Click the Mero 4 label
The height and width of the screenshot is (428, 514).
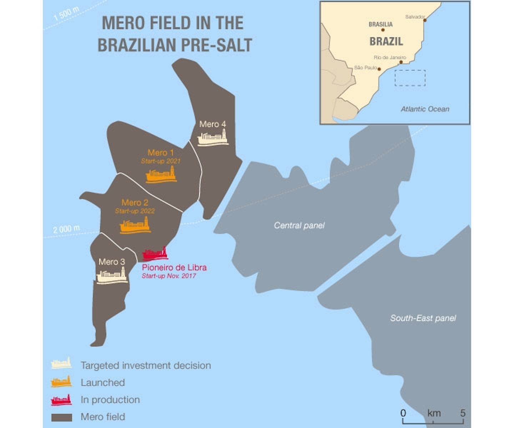212,124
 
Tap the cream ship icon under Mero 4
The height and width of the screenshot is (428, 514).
213,138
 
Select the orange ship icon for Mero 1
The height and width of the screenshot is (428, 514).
161,175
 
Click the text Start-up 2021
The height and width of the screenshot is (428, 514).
161,161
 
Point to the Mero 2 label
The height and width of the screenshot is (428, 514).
135,203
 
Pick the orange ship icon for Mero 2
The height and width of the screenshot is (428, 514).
135,226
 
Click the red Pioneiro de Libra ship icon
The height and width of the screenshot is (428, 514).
155,254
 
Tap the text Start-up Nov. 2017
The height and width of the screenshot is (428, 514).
168,276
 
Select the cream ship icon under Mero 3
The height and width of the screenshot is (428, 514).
112,276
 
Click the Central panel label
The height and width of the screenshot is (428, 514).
299,225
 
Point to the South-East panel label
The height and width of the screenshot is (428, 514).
423,318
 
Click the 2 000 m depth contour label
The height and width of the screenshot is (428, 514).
66,229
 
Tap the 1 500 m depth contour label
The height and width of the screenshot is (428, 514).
66,14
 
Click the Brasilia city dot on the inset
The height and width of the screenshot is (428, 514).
383,30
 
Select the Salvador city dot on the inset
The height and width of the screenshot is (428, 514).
425,20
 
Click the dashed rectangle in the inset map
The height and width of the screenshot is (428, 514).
410,78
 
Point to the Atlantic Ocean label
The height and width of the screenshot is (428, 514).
425,109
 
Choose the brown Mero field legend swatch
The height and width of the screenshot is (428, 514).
61,417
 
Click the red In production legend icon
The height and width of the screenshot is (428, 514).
61,400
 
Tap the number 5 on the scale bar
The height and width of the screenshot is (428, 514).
463,413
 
